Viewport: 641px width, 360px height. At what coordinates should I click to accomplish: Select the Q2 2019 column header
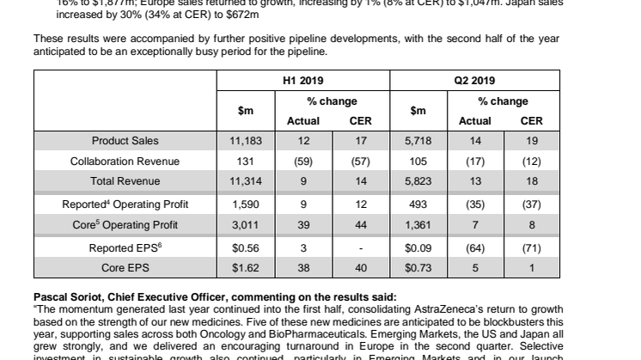pos(474,80)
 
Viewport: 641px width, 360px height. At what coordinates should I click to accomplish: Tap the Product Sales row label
pos(125,140)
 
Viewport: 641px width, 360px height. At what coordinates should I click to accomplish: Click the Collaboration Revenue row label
pos(125,161)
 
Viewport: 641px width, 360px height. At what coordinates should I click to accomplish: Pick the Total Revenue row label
pos(125,181)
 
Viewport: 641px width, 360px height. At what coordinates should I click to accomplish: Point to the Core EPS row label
pos(125,267)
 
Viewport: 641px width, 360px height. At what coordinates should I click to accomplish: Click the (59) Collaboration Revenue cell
pos(302,161)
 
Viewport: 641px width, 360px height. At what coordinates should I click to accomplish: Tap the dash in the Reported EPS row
pos(360,247)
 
